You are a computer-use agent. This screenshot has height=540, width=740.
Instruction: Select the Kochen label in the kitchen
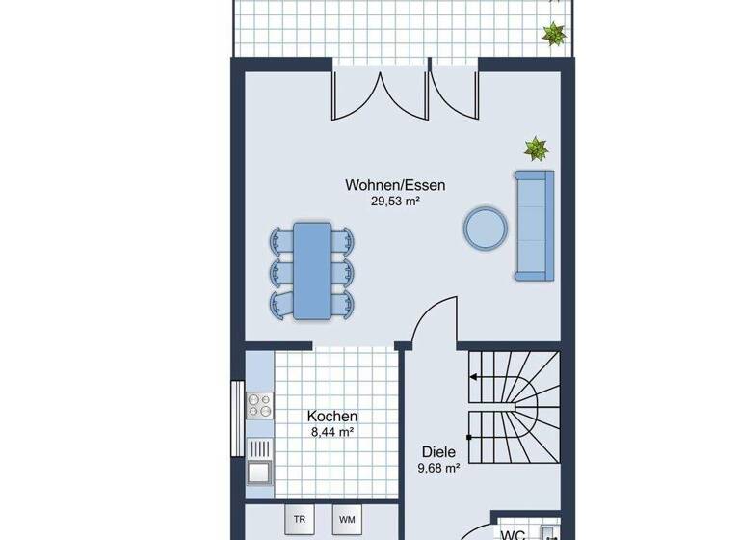click(332, 416)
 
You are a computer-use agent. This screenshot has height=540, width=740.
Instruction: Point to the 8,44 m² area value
click(332, 432)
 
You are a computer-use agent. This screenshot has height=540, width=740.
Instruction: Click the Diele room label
click(438, 450)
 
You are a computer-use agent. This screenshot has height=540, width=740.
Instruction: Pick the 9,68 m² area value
click(438, 468)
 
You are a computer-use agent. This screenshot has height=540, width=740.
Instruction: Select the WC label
click(511, 533)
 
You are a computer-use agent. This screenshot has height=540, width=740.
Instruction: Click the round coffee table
click(486, 228)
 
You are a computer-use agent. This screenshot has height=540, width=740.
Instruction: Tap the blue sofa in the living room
click(533, 226)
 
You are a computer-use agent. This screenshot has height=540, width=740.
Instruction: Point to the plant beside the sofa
click(536, 148)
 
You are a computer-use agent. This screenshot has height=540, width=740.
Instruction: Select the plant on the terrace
click(554, 35)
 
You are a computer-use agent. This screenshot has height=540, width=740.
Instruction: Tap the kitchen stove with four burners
click(259, 405)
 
